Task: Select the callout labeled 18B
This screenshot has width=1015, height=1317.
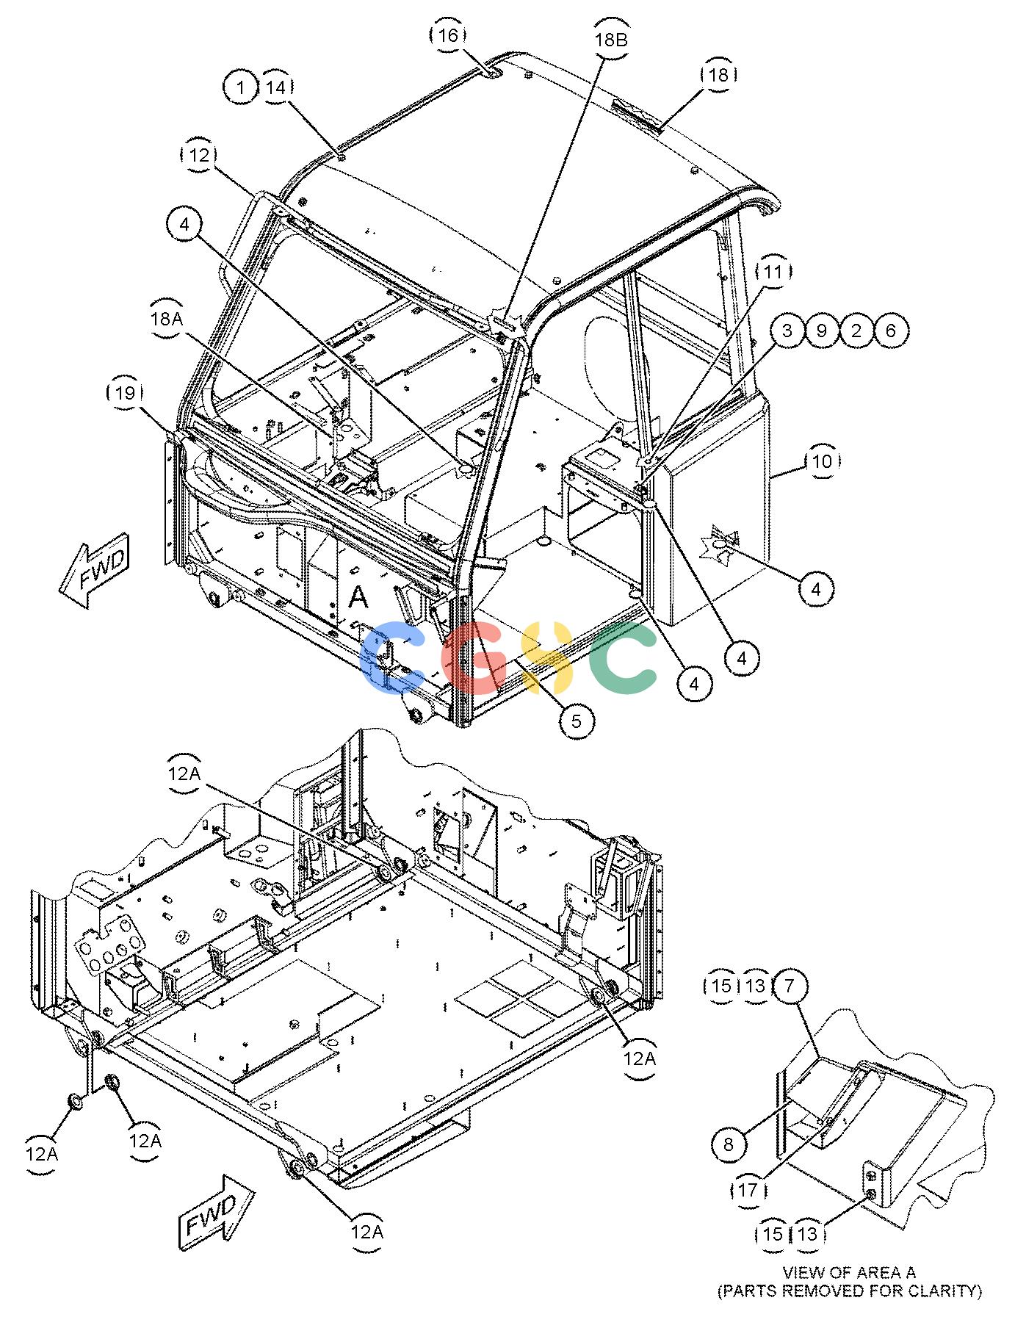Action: (x=611, y=40)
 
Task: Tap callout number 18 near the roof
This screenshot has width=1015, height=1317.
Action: (x=718, y=74)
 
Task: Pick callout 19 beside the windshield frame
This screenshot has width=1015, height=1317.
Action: (x=125, y=393)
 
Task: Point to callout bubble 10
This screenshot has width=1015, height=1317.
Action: (x=823, y=461)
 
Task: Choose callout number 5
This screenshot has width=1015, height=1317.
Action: (x=577, y=721)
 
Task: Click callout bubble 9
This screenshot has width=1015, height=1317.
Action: (x=821, y=331)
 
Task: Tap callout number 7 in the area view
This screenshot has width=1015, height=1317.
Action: (x=790, y=986)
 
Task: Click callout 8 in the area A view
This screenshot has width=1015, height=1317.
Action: (x=728, y=1144)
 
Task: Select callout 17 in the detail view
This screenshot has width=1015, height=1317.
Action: (x=748, y=1189)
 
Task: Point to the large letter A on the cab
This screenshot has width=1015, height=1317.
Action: (x=358, y=598)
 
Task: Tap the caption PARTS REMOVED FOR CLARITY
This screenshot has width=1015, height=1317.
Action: (x=850, y=1291)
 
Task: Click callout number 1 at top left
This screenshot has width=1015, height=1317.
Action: (x=241, y=87)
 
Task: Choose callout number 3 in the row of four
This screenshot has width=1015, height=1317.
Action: (x=787, y=331)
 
